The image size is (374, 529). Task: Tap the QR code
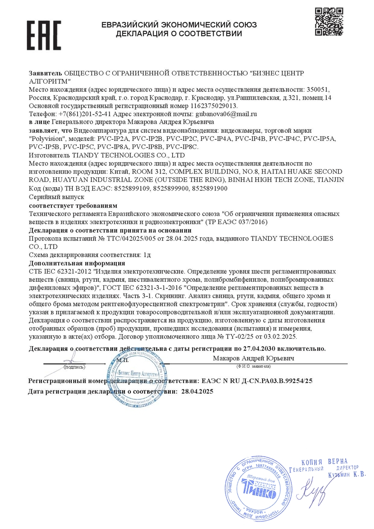coord(329,21)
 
